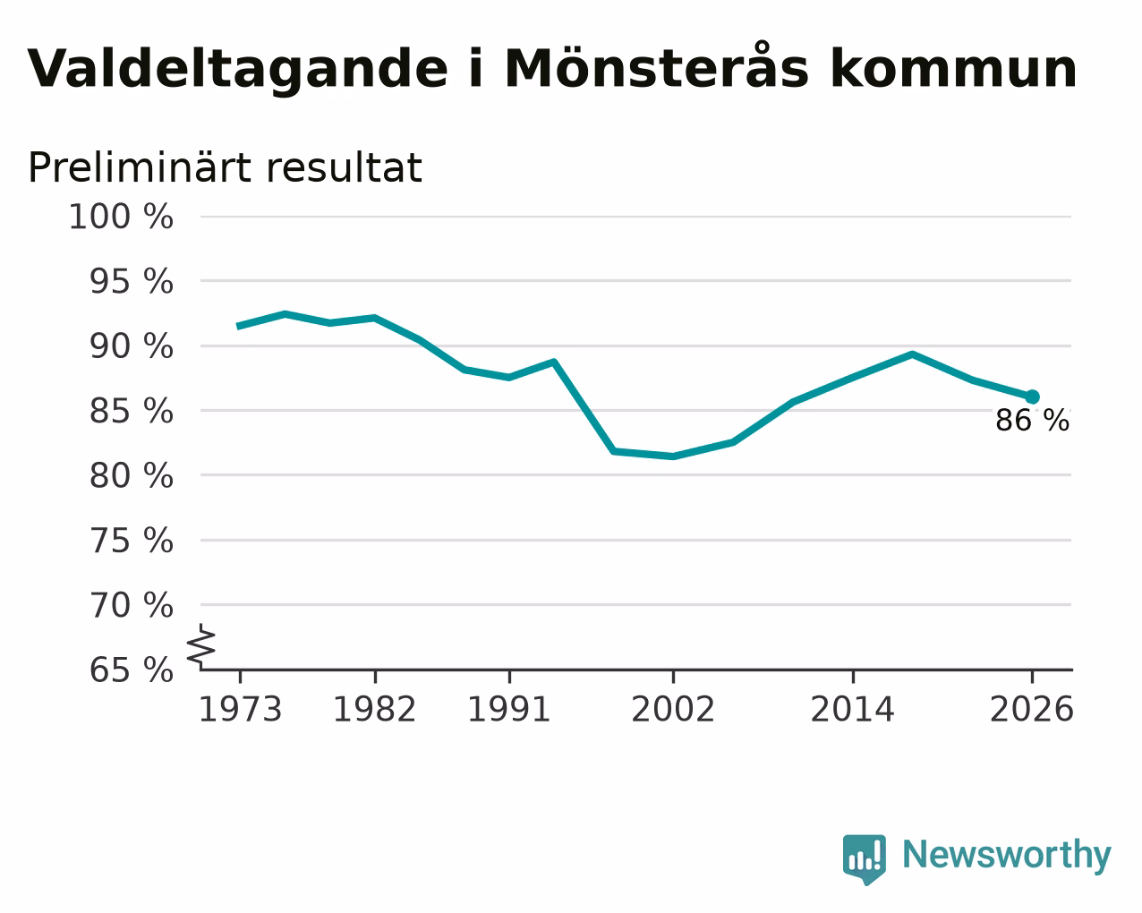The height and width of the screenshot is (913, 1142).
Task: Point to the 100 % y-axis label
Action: [x=121, y=217]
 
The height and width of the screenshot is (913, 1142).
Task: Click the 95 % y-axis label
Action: [x=131, y=281]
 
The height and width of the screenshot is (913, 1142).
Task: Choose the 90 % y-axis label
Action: [x=131, y=346]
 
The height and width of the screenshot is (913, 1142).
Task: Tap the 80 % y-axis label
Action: [x=131, y=475]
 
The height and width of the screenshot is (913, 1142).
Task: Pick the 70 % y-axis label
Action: [x=131, y=605]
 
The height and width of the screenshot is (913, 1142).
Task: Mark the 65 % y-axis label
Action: [x=131, y=670]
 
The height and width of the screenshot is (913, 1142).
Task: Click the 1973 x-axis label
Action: [x=240, y=710]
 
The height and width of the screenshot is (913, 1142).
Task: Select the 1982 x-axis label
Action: [x=375, y=710]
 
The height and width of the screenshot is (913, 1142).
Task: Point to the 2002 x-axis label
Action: [x=673, y=710]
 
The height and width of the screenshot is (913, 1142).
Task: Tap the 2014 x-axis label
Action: [x=852, y=710]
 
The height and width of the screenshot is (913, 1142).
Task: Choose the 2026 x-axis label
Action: [x=1032, y=710]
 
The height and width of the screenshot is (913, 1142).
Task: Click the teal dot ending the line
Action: [x=1032, y=397]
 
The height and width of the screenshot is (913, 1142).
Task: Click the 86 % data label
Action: [x=1032, y=421]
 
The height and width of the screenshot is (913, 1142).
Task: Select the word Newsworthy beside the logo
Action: [x=1007, y=855]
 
